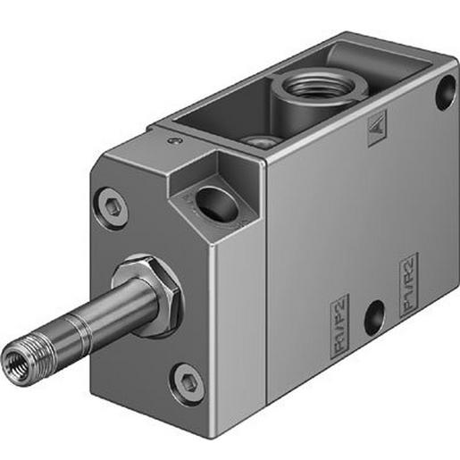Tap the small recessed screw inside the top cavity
point(262,140)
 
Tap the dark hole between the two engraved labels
point(374,315)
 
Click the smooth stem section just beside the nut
point(121,305)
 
